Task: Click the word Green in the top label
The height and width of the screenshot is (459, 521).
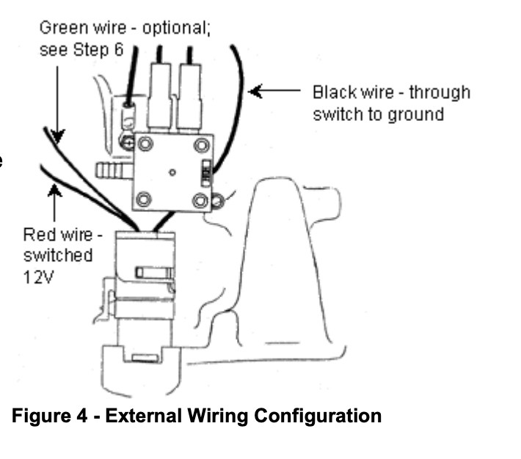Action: point(59,29)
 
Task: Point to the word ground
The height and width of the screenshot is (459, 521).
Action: point(420,114)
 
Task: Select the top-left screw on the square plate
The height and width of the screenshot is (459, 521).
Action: point(146,144)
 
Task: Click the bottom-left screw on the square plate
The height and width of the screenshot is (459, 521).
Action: point(145,198)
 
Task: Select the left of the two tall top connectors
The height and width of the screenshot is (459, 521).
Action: point(159,95)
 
